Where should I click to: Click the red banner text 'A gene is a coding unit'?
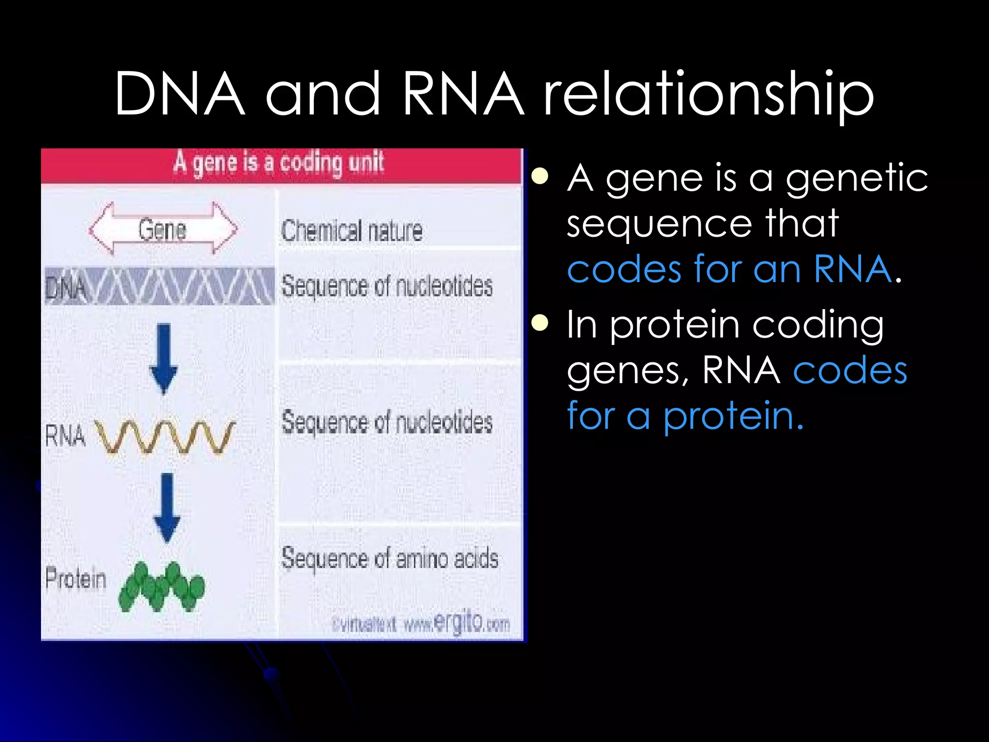point(279,163)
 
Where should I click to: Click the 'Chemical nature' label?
point(352,230)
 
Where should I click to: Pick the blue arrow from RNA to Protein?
point(167,507)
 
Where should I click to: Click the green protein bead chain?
point(162,587)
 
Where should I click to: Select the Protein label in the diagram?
point(76,578)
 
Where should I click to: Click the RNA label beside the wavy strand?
point(65,435)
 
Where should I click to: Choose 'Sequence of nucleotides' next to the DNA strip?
point(387,286)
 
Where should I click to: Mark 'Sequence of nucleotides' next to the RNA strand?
point(387,422)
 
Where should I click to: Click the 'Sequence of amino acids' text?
point(389,559)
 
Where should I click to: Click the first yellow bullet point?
point(540,177)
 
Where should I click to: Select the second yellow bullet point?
point(540,323)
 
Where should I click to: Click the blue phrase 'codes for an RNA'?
point(729,269)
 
